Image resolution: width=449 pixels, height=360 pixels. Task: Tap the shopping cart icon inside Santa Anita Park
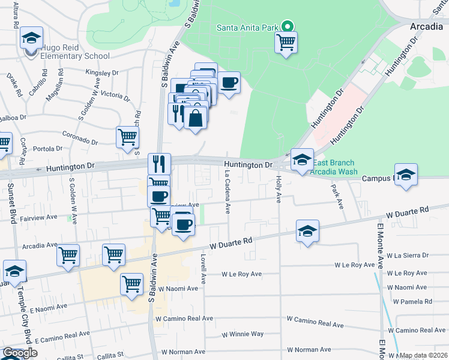(286, 42)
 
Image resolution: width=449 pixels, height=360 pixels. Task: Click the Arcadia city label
(427, 27)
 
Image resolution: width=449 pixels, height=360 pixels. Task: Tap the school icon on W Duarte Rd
(307, 231)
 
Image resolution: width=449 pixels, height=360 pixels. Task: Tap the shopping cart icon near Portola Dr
(127, 137)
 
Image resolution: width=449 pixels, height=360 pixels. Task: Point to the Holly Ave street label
(279, 188)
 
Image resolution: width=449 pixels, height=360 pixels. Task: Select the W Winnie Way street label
(243, 334)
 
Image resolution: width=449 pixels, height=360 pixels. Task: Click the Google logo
(20, 353)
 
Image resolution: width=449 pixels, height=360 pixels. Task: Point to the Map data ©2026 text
(423, 355)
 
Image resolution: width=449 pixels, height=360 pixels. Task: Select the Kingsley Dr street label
(102, 73)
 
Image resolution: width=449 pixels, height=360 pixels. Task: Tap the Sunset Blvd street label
(11, 198)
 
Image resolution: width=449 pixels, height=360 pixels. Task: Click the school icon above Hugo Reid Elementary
(31, 38)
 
